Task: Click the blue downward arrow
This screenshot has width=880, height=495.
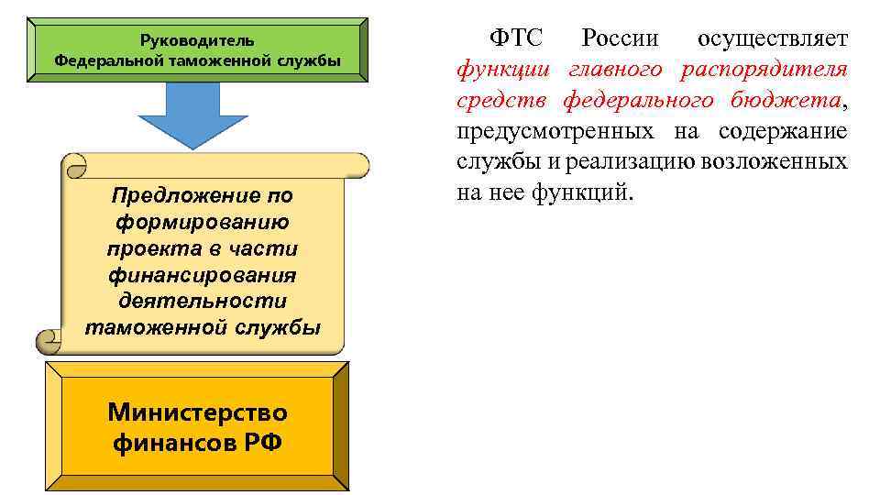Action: point(193,114)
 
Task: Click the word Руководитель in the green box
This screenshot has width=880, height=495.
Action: point(197,40)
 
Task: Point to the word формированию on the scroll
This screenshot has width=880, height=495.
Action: point(203,222)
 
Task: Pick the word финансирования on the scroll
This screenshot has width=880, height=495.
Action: point(203,275)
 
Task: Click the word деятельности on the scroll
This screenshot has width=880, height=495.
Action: point(203,301)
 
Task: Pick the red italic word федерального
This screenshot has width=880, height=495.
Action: point(638,100)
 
